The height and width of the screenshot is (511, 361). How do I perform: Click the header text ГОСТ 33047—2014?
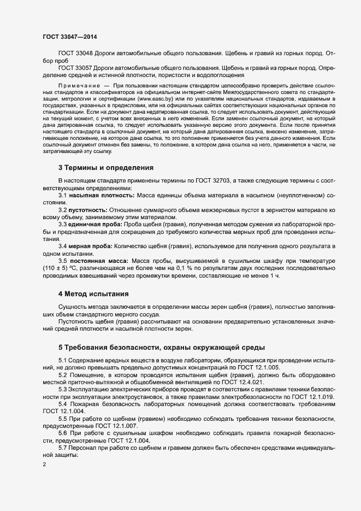(x=70, y=36)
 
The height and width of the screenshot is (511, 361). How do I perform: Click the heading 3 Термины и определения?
(x=105, y=167)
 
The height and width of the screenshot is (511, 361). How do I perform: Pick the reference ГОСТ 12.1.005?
(x=258, y=367)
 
